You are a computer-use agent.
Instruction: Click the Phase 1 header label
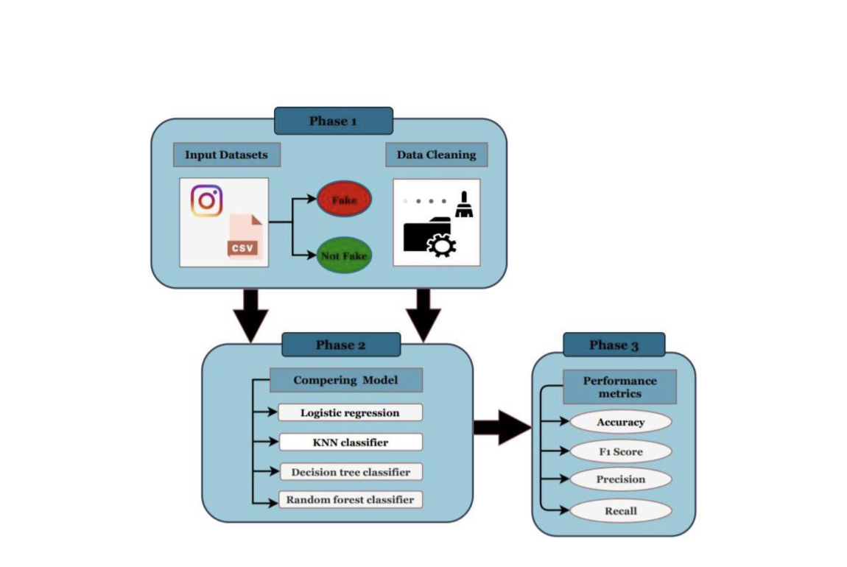(333, 121)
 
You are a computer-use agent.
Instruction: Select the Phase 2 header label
(340, 345)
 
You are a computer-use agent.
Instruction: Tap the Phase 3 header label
(614, 345)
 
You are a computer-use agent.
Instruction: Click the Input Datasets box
(226, 155)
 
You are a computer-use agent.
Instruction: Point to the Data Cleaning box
(436, 155)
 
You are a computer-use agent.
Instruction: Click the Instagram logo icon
(206, 201)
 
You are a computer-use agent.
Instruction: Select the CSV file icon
(244, 237)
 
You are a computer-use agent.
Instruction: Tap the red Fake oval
(344, 200)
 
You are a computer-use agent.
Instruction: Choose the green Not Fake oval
(344, 256)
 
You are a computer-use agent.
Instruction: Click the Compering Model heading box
(345, 380)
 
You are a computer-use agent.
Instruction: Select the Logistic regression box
(350, 412)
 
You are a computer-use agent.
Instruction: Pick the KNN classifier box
(350, 442)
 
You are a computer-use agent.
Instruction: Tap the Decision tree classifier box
(350, 471)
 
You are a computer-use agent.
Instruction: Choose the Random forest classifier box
(350, 500)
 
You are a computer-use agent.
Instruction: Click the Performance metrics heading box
(619, 387)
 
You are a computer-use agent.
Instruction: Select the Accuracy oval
(620, 422)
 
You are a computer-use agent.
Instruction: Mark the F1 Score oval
(620, 451)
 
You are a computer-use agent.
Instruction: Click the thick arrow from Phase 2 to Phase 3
(502, 427)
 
